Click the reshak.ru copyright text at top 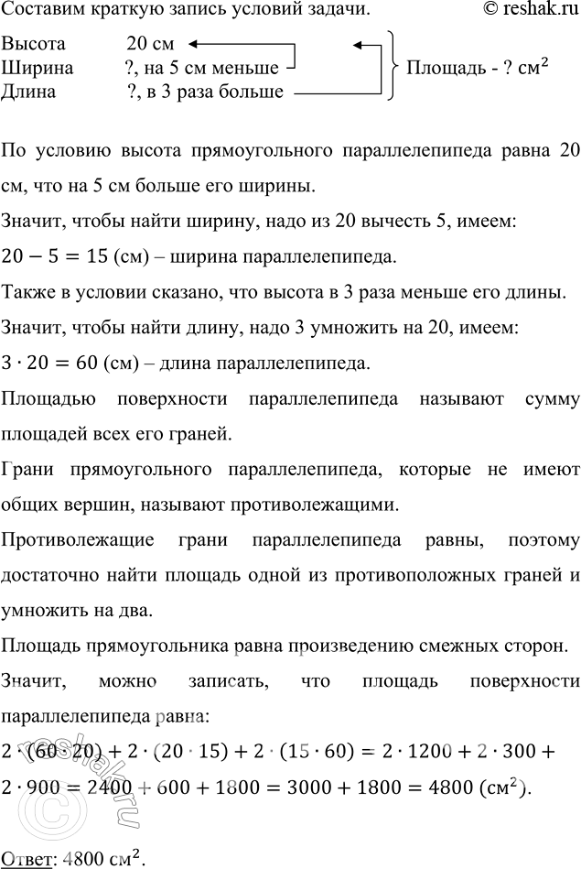click(528, 10)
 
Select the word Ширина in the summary click(32, 68)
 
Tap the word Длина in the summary click(28, 91)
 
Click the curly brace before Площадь click(392, 67)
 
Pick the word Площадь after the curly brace click(445, 69)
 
